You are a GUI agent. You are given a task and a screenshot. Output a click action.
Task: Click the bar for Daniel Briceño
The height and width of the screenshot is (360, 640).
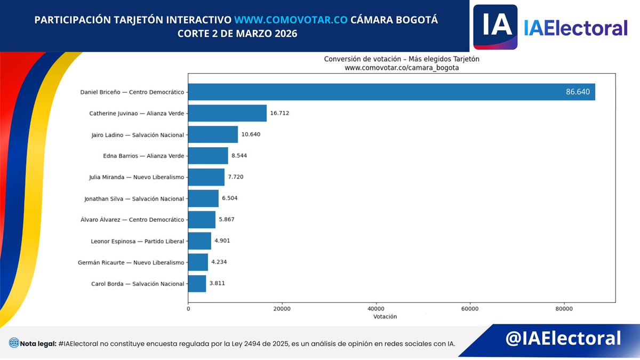coord(391,92)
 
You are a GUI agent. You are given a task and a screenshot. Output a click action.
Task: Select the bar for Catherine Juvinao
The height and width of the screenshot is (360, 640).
coord(227,113)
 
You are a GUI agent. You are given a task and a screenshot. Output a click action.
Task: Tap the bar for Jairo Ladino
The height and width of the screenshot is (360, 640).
coord(213,134)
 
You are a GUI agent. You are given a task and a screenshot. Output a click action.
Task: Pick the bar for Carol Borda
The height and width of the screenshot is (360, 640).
coord(197,284)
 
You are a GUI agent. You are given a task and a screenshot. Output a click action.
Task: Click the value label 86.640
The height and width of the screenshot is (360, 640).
coord(578,92)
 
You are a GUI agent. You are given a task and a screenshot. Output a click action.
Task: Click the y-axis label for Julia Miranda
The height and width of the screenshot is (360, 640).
coord(137,177)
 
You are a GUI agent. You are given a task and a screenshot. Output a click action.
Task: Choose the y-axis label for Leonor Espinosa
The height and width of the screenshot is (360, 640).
coord(138,241)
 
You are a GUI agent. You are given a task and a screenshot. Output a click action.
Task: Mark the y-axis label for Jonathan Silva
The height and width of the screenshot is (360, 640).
coord(134,198)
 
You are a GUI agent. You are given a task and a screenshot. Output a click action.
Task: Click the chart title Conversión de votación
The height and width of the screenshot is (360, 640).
coord(402,59)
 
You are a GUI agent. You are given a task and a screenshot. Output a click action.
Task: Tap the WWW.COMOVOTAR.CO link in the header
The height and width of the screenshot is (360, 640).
coord(291,20)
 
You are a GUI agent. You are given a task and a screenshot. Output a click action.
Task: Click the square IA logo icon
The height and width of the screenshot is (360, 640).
coord(495,27)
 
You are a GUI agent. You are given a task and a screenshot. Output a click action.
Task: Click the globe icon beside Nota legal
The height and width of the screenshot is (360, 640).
coord(14,343)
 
